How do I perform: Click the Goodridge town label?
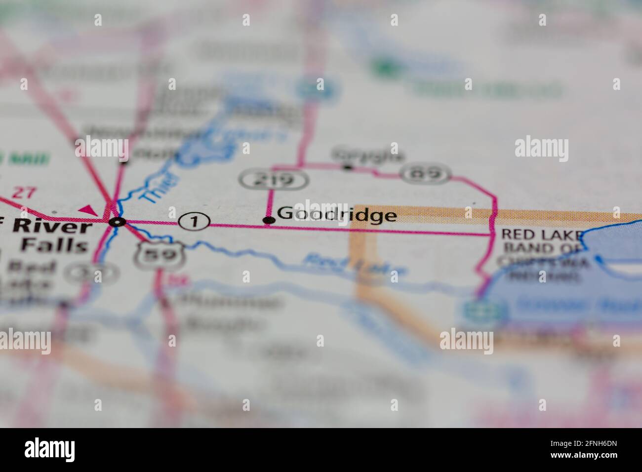(x=337, y=215)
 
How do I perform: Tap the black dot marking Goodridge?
(x=269, y=220)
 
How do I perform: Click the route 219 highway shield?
(x=275, y=180)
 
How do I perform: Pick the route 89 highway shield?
(x=426, y=173)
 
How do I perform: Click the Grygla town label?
(x=368, y=155)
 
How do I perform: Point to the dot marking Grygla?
(x=348, y=168)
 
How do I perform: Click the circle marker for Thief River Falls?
(x=117, y=222)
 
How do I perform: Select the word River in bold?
(x=52, y=227)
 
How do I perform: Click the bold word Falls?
(x=55, y=245)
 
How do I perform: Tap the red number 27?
(x=24, y=193)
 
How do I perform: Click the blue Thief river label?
(x=158, y=187)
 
